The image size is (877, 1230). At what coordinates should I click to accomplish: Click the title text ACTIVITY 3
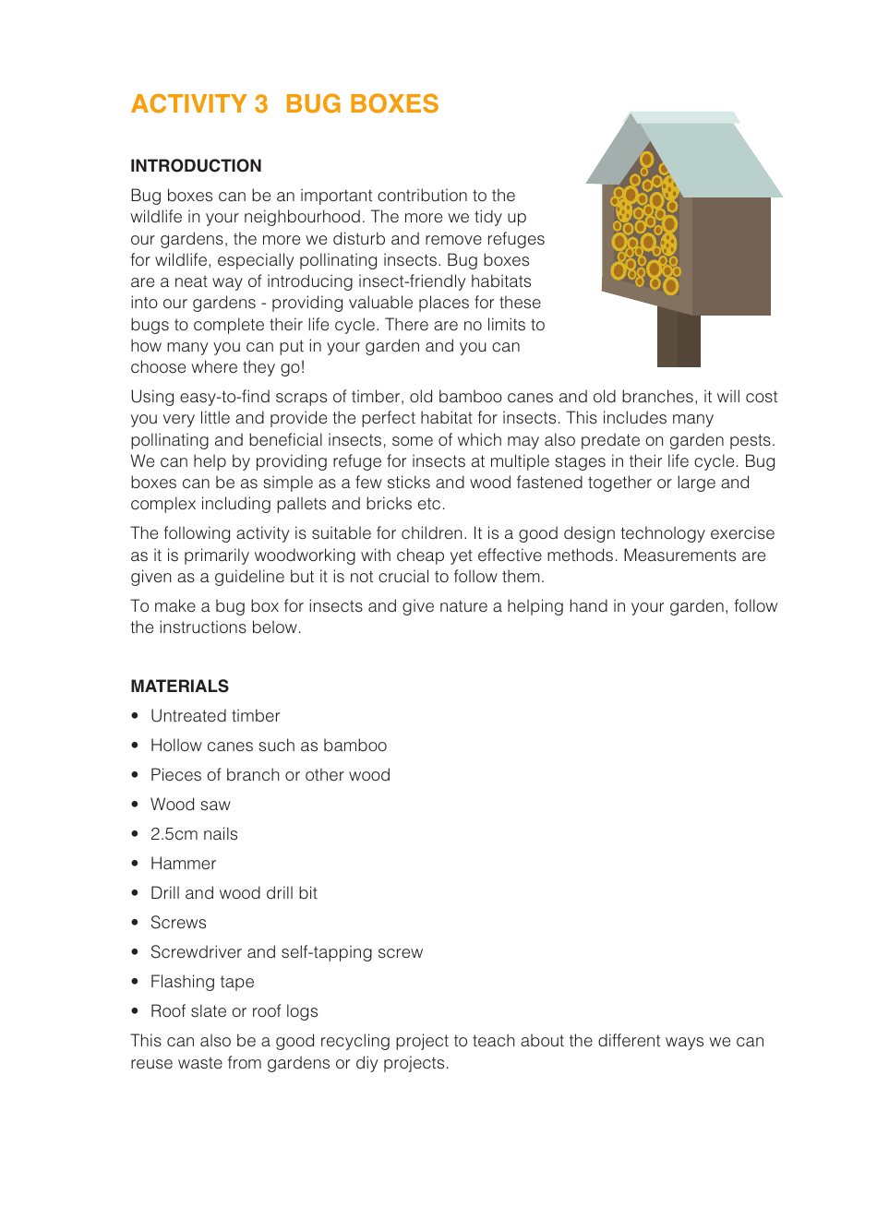point(198,104)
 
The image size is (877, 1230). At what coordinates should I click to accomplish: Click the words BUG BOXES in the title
point(362,104)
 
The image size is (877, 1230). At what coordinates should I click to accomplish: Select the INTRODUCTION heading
point(196,166)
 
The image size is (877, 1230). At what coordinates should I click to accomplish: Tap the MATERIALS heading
point(179,687)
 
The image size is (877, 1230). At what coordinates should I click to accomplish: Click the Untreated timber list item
point(215,716)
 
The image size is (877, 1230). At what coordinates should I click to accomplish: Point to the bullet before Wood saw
point(135,805)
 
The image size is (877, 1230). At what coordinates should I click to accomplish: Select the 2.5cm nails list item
point(194,834)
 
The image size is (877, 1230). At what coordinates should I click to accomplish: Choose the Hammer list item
point(183,864)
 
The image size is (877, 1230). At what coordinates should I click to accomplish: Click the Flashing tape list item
point(202,982)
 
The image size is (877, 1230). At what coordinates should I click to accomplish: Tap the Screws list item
point(178,923)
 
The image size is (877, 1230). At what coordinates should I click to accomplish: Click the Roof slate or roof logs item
point(234,1011)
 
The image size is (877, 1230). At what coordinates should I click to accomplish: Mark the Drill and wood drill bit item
point(234,893)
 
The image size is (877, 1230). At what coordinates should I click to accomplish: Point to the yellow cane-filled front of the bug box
point(644,231)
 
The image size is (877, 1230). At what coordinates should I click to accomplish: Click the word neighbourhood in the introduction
point(286,217)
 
